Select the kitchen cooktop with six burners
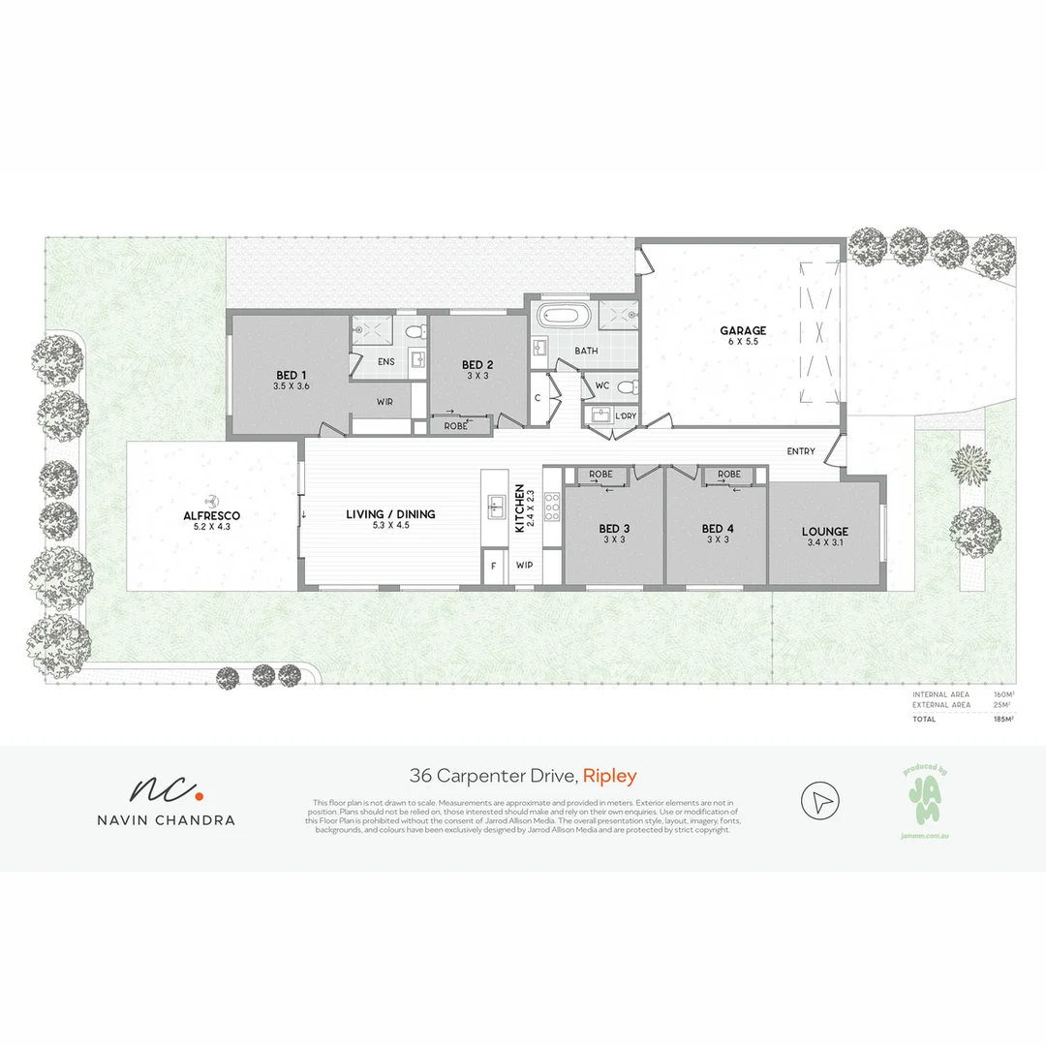pos(552,507)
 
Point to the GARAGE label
pos(743,330)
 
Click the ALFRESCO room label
pos(211,516)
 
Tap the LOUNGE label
pos(825,531)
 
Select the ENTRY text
pos(801,451)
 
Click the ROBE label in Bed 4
pos(729,475)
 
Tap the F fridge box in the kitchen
pos(494,565)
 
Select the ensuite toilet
pos(415,332)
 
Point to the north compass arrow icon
pos(820,801)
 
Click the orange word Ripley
pos(609,776)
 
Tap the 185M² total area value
pos(1001,721)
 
